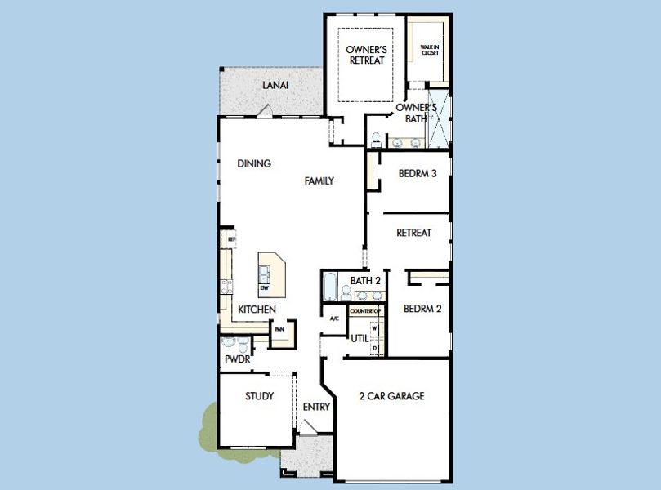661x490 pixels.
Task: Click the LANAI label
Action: point(275,85)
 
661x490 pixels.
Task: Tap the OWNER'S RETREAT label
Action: point(366,55)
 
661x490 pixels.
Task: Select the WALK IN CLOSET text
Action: point(430,50)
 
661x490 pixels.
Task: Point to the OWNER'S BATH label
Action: point(416,113)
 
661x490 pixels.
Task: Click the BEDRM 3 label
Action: point(418,173)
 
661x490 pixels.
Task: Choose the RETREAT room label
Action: point(413,233)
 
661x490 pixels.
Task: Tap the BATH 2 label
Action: point(365,281)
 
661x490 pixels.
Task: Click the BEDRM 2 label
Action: point(422,309)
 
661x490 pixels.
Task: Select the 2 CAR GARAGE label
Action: point(391,396)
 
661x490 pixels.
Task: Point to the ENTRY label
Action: point(316,407)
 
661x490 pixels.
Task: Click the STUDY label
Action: point(259,396)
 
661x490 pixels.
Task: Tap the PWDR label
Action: point(237,359)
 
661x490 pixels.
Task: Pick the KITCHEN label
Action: point(257,310)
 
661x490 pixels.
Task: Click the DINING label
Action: point(254,163)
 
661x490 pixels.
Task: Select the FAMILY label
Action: point(319,180)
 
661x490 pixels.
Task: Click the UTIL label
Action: point(360,337)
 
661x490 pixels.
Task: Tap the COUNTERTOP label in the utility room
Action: point(365,311)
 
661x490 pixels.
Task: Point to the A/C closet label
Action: point(334,318)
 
